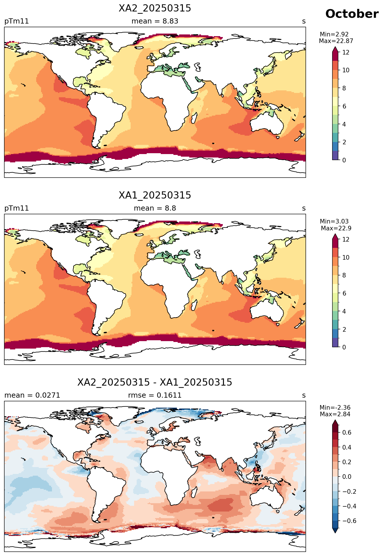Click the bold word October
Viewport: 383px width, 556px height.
tap(352, 14)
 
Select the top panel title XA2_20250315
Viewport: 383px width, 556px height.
tap(155, 9)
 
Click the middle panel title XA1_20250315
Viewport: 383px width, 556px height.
tap(155, 195)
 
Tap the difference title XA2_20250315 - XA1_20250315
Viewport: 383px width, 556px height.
tap(155, 382)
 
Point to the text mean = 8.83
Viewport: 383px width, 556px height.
tap(155, 21)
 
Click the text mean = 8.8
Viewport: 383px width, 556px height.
tap(155, 208)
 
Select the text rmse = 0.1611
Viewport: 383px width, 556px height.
tap(155, 395)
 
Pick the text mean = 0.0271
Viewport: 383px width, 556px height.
tap(32, 395)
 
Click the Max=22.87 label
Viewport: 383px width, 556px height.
tap(336, 41)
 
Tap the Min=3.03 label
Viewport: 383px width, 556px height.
tap(334, 221)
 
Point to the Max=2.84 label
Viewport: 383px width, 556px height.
tap(335, 414)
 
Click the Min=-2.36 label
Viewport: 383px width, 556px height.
tap(335, 408)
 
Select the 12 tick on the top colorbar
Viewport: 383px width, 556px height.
tap(346, 52)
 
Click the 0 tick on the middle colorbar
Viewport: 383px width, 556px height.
tap(344, 347)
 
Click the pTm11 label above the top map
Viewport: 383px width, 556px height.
tap(17, 22)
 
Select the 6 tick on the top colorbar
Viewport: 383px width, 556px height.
tap(344, 106)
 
